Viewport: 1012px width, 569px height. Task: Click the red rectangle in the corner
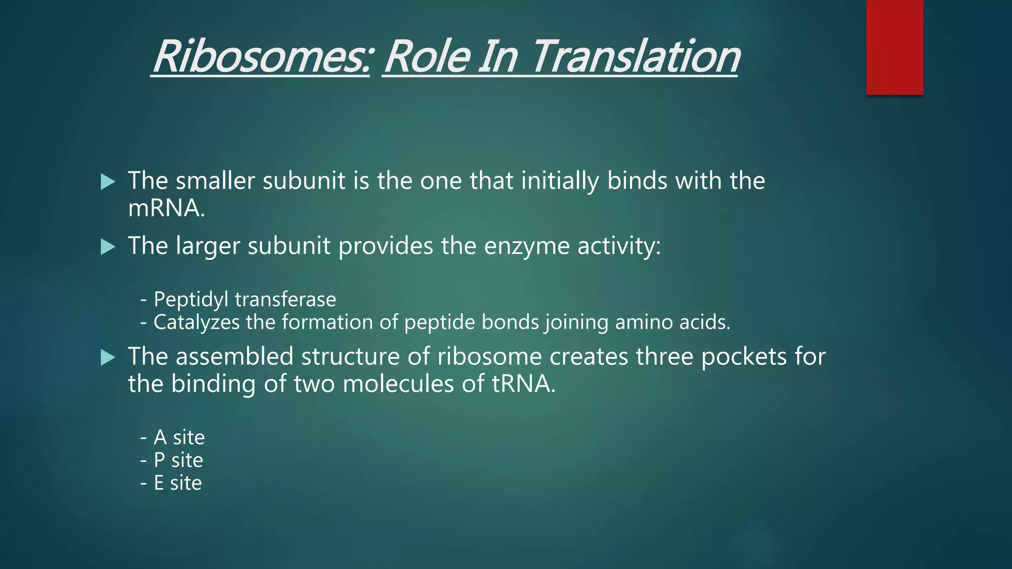894,47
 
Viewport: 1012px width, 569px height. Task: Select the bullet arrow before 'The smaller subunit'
108,182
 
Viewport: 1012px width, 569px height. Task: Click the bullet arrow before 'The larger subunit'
108,246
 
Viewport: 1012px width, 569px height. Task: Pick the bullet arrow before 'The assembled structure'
108,357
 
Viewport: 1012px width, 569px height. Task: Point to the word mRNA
166,208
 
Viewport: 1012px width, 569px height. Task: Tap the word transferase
286,300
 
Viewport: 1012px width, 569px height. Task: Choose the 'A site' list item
178,438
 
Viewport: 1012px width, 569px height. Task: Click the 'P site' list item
178,460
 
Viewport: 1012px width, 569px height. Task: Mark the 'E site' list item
177,483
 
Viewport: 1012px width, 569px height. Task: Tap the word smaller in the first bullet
215,181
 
